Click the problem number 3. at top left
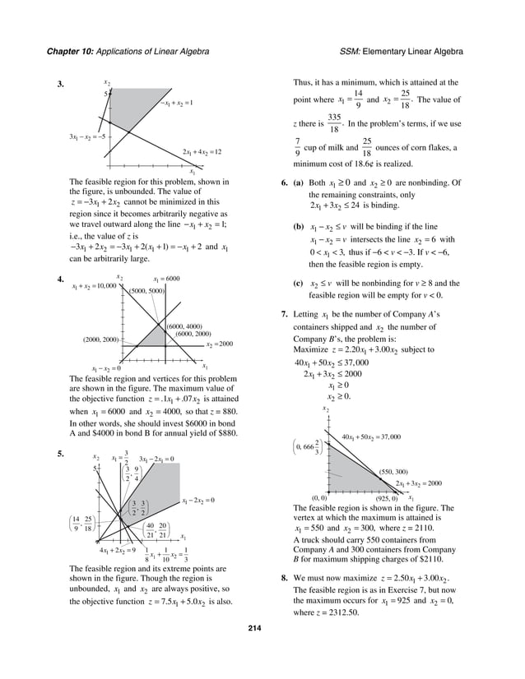61,85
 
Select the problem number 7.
284,314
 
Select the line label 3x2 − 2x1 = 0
156,458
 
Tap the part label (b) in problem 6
287,225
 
